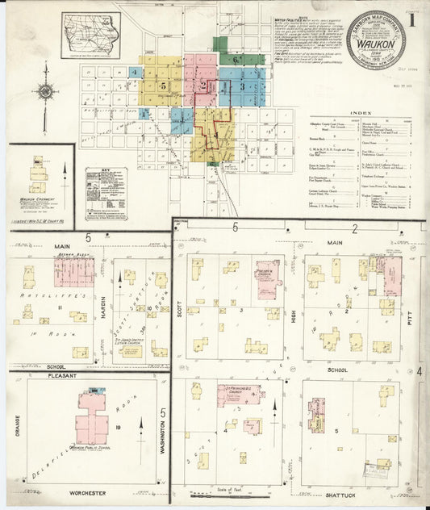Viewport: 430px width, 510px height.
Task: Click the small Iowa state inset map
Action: [x=90, y=34]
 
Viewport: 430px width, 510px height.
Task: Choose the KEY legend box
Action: [x=106, y=194]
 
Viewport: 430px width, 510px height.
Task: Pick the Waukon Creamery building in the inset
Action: [x=38, y=173]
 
